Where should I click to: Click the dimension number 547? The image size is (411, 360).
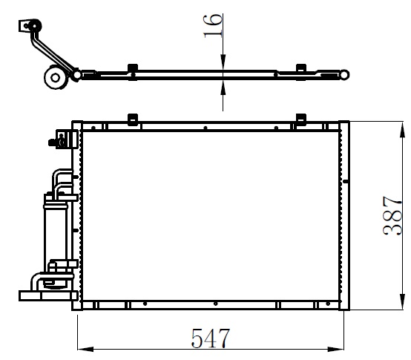211,338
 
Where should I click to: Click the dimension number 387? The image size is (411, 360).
392,215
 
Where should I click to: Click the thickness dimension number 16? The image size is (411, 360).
213,26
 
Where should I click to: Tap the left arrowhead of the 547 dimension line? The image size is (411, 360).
85,349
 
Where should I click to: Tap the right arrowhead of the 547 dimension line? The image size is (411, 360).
336,349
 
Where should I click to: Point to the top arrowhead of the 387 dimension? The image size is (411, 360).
402,130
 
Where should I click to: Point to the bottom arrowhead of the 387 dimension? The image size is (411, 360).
402,302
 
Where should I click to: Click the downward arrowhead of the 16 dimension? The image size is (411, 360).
223,62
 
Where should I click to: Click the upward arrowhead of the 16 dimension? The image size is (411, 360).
223,88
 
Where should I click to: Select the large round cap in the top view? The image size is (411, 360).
56,78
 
